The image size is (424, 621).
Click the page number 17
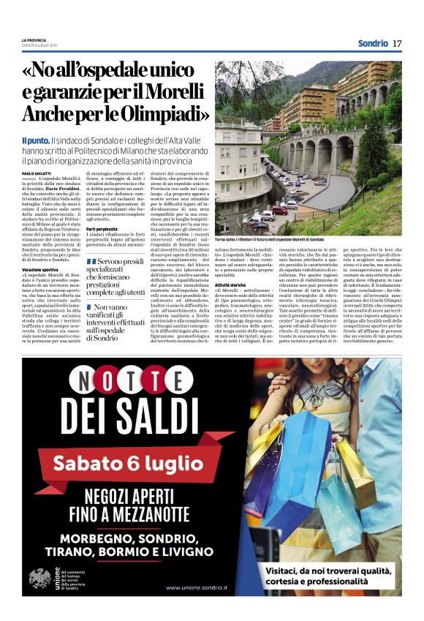tap(397, 43)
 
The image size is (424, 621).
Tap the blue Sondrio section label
tap(373, 43)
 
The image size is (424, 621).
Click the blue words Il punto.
tap(35, 139)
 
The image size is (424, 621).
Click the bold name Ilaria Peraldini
tap(62, 188)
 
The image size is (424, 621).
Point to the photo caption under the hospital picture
tap(270, 239)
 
